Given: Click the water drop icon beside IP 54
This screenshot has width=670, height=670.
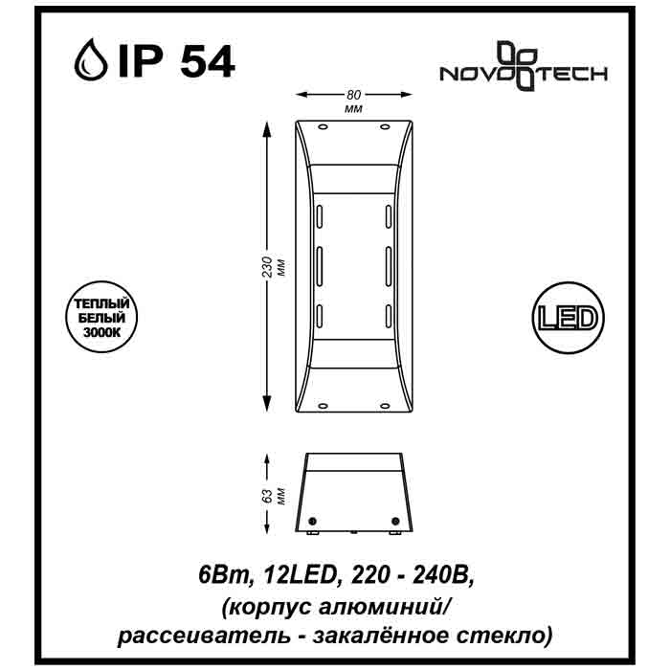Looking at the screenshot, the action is (91, 60).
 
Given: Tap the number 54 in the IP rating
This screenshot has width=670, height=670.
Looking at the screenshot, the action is (208, 61).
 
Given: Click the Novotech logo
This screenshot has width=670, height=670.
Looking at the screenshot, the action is (524, 66).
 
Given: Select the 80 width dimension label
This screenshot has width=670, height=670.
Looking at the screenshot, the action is (354, 95).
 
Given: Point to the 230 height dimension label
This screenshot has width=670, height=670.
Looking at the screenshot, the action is (267, 267).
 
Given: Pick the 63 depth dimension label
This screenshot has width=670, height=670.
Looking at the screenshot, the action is (267, 496).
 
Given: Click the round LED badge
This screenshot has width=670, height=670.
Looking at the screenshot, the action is (568, 318).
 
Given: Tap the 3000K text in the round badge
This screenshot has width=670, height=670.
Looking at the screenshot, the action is (101, 332).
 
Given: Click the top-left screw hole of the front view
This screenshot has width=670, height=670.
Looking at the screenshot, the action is (323, 127).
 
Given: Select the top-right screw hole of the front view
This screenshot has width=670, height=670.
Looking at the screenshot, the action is (385, 127).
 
